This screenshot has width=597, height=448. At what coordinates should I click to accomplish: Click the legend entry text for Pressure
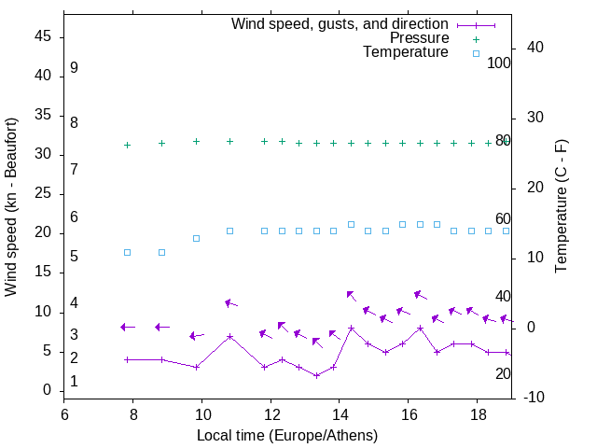pyautogui.click(x=419, y=38)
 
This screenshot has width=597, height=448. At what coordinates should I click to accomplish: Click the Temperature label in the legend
pyautogui.click(x=406, y=52)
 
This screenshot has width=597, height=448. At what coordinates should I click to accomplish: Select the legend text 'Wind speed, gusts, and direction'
pyautogui.click(x=340, y=24)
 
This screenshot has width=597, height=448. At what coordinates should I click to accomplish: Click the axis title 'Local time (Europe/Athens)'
pyautogui.click(x=287, y=435)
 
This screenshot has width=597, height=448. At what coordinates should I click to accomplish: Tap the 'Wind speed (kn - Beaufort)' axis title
pyautogui.click(x=12, y=207)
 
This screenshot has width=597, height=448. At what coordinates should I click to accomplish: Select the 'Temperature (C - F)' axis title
pyautogui.click(x=562, y=207)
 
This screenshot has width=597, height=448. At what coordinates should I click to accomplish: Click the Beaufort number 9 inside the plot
pyautogui.click(x=74, y=68)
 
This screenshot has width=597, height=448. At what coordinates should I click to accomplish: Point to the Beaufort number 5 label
pyautogui.click(x=74, y=256)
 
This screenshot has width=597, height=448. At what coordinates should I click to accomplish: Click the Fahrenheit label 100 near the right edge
pyautogui.click(x=499, y=63)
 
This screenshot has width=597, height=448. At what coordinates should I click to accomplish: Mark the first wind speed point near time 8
pyautogui.click(x=128, y=359)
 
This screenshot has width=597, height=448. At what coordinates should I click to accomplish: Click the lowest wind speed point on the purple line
pyautogui.click(x=316, y=375)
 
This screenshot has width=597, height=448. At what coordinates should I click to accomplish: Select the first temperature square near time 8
pyautogui.click(x=128, y=253)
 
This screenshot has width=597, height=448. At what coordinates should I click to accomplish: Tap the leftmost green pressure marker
pyautogui.click(x=128, y=145)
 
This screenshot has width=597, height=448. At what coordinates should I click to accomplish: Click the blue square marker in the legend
pyautogui.click(x=476, y=53)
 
